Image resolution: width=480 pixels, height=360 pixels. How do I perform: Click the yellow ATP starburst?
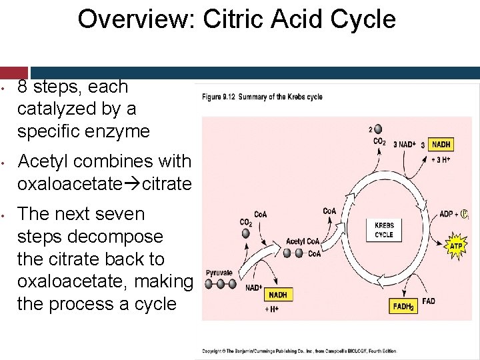(456, 245)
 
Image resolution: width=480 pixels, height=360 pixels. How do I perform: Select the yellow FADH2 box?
(404, 306)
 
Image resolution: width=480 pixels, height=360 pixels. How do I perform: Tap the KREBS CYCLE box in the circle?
(384, 230)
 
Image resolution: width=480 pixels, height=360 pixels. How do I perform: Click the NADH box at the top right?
(441, 145)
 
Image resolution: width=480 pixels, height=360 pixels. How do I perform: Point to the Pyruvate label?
(219, 272)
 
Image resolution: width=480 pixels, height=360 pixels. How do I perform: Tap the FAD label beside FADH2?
(429, 301)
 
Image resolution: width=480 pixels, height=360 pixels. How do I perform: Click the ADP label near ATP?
(447, 214)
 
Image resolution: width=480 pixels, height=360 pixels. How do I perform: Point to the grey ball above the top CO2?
(379, 129)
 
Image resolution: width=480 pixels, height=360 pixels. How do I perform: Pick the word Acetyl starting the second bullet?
(41, 161)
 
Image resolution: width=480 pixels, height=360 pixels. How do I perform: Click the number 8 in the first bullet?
(23, 87)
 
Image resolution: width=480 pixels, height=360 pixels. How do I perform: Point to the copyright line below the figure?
(300, 351)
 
